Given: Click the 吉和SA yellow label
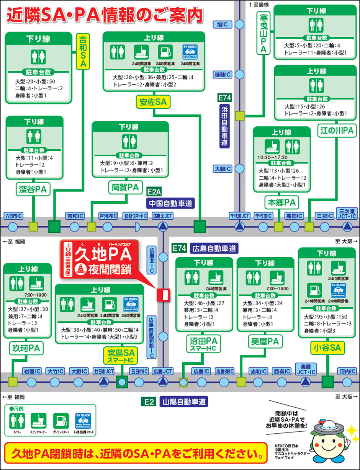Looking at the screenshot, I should click(83, 52).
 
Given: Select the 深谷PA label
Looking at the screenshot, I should click(33, 189).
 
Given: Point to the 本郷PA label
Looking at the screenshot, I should click(281, 201).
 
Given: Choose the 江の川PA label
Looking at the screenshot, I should click(337, 131).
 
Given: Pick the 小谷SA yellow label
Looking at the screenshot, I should click(327, 348).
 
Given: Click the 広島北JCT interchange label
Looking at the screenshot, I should click(162, 216).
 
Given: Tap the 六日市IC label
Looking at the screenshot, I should click(13, 216).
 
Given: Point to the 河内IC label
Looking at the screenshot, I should click(347, 371).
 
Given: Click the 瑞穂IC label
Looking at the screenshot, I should click(223, 74).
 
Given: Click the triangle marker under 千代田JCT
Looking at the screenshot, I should click(240, 227).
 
